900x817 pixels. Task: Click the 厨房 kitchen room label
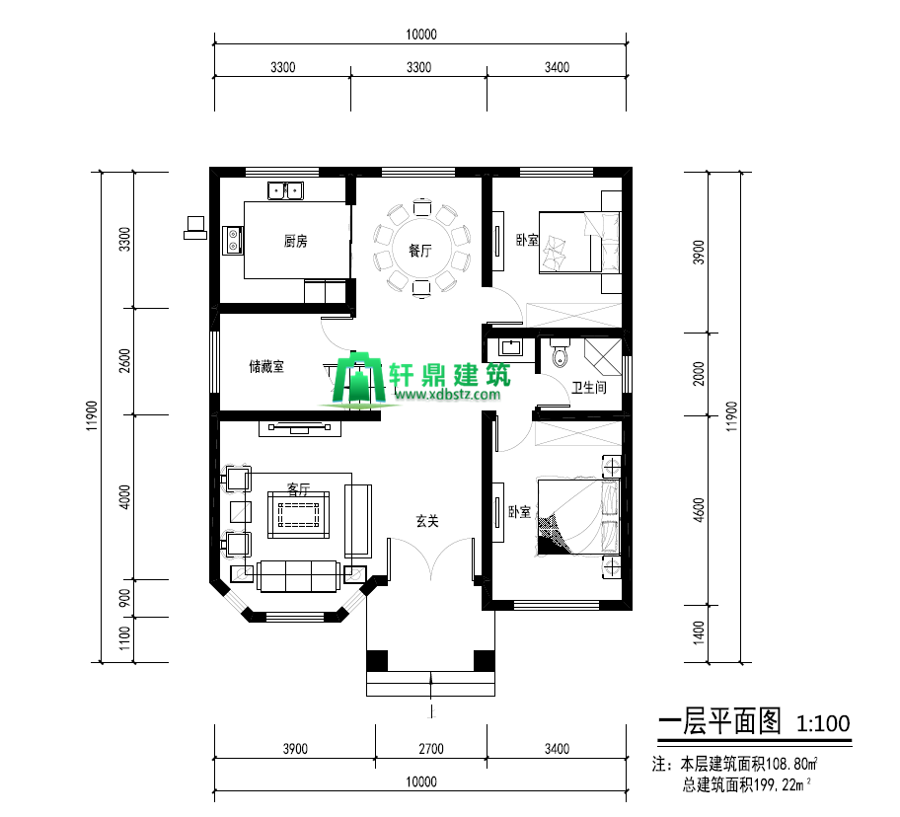point(296,241)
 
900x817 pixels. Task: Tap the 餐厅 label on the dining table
point(420,251)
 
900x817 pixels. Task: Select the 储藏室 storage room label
point(266,366)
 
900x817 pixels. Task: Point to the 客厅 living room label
point(298,488)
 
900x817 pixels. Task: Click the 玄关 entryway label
point(427,521)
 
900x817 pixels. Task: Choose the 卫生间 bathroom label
point(589,388)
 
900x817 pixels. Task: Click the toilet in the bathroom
point(560,351)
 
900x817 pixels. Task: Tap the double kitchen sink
point(286,190)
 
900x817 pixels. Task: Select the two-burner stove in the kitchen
point(233,241)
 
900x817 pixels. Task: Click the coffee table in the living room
point(298,515)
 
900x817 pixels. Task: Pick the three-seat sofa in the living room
point(298,576)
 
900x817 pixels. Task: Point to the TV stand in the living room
point(300,428)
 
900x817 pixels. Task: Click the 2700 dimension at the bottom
point(431,749)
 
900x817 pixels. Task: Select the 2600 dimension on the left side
point(124,361)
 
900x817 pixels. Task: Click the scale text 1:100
point(823,723)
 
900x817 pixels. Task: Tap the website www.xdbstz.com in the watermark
point(448,394)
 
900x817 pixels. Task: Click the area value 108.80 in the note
point(788,765)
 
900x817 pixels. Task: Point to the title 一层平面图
point(720,721)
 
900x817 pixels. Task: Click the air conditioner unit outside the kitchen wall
point(195,228)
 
